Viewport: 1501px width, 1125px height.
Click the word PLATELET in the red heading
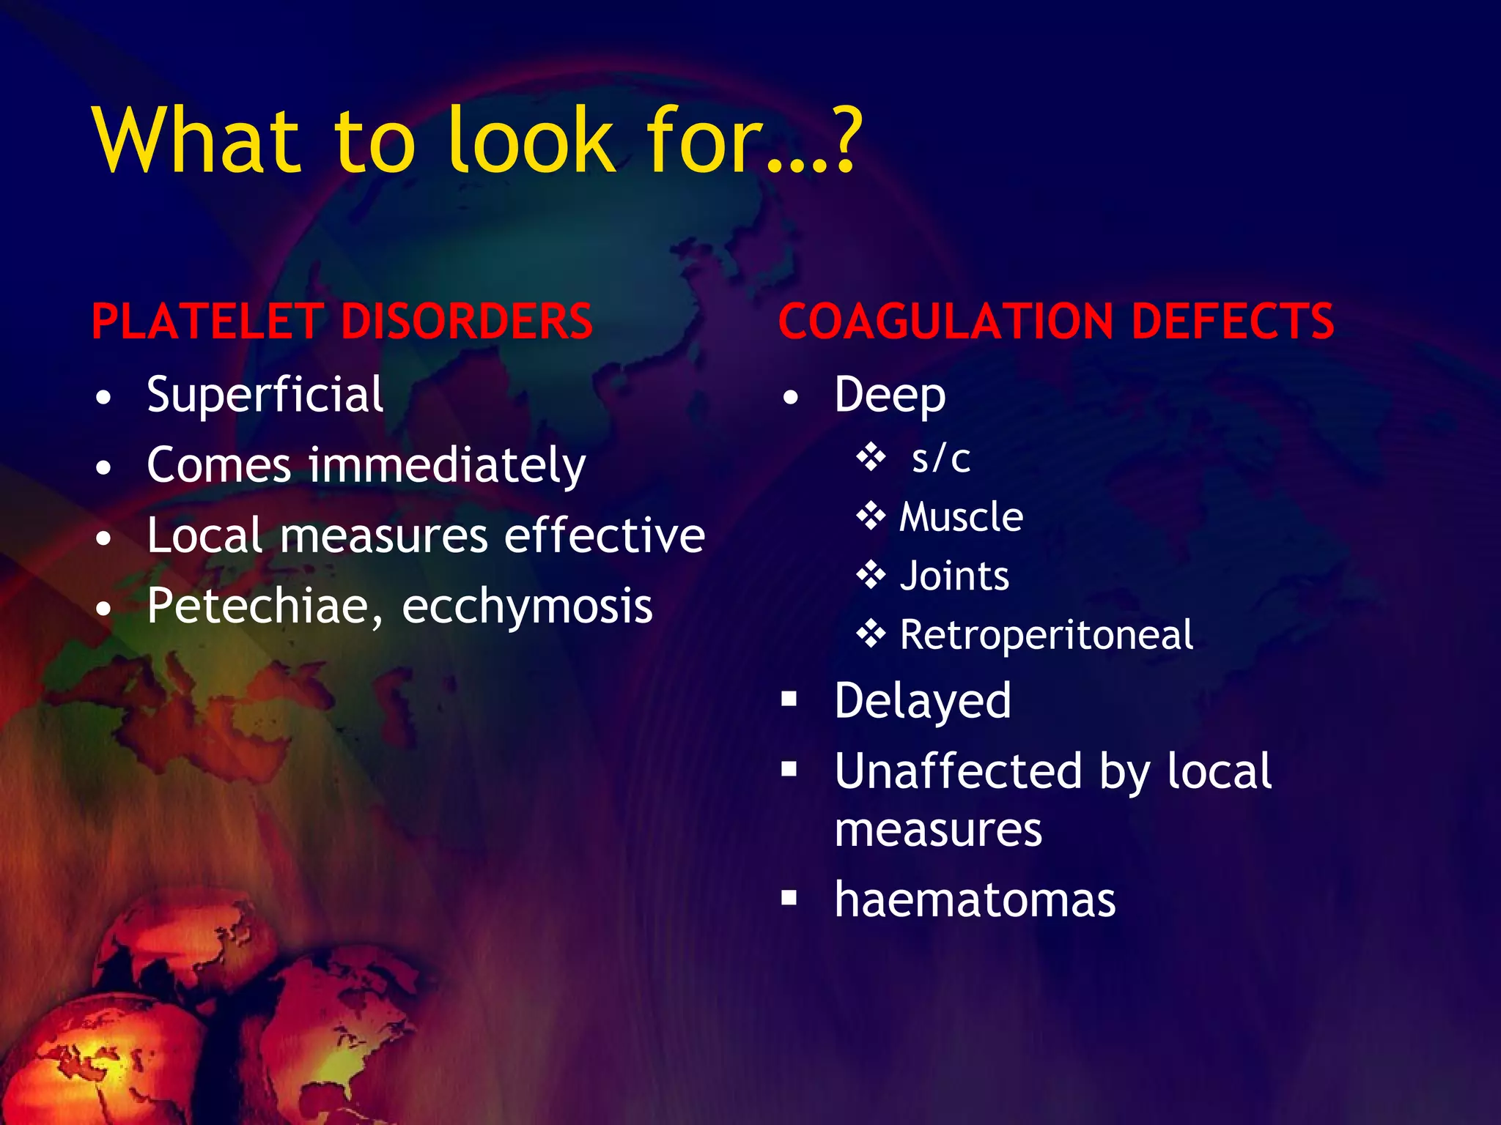[207, 322]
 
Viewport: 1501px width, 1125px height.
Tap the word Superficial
[265, 396]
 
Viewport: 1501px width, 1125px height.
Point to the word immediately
[447, 467]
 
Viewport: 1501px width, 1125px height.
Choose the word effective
[605, 535]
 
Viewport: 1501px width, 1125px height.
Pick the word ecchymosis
[527, 608]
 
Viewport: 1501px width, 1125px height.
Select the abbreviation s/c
[941, 459]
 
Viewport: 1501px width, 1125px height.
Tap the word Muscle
[961, 517]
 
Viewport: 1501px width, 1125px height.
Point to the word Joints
[954, 576]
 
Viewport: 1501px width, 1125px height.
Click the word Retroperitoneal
[1046, 635]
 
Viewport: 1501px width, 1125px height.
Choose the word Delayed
[923, 701]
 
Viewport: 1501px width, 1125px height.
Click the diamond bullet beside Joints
[871, 575]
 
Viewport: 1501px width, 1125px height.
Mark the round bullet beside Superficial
[104, 398]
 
